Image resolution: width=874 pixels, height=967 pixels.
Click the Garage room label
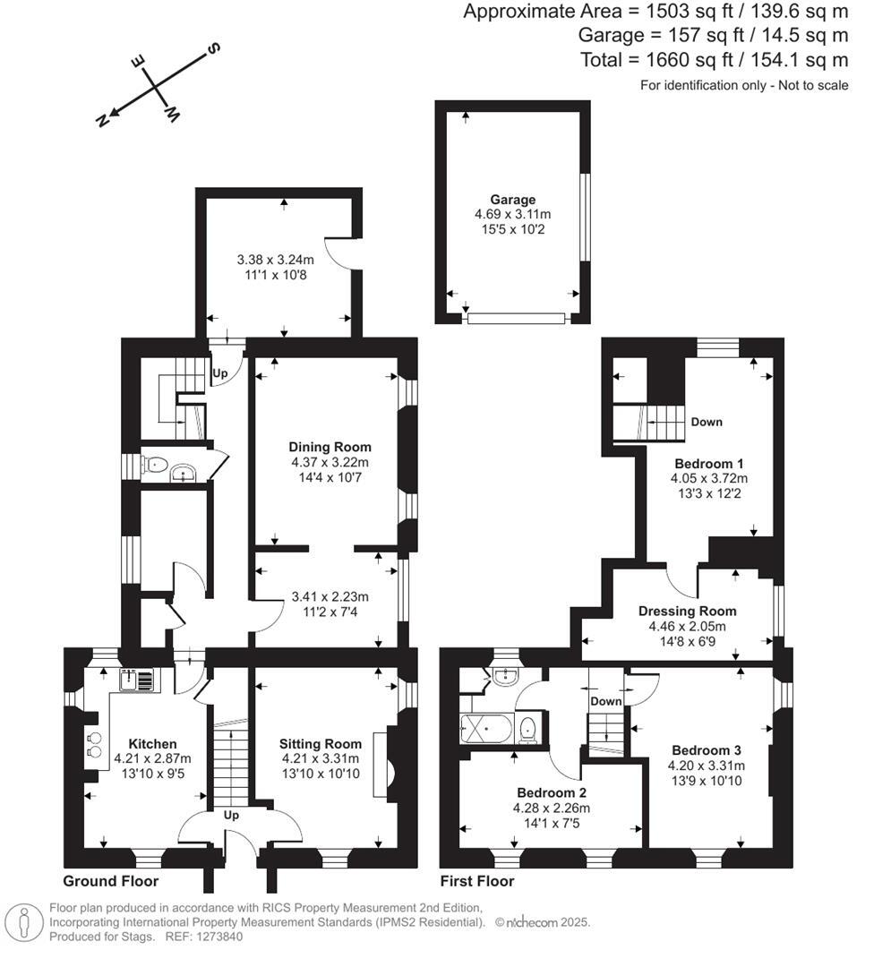(x=512, y=200)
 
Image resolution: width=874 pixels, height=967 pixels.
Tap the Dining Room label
(x=330, y=447)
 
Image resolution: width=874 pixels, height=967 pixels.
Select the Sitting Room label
(x=321, y=743)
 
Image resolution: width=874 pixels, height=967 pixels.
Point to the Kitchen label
(x=152, y=743)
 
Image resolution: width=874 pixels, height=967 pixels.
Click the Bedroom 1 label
(x=709, y=463)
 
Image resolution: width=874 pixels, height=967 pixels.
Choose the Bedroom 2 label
(x=552, y=792)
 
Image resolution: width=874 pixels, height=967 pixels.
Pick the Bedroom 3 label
(x=705, y=749)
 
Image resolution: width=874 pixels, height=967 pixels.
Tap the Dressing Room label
(x=681, y=612)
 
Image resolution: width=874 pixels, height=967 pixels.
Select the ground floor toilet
(x=156, y=464)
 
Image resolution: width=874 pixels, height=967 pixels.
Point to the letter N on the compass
(x=103, y=120)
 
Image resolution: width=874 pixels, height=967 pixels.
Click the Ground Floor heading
(x=111, y=881)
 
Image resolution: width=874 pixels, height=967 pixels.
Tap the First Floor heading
(x=477, y=881)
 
